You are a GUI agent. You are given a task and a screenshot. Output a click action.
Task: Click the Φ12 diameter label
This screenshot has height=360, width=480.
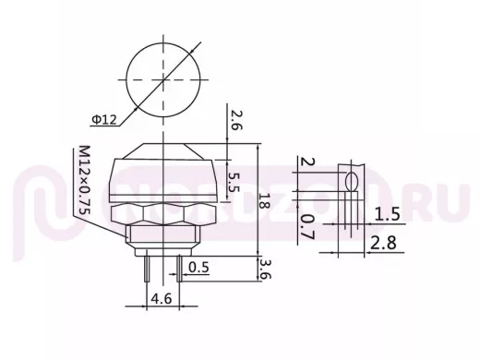click(105, 119)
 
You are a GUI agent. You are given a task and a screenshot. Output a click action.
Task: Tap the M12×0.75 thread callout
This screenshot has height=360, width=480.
click(84, 180)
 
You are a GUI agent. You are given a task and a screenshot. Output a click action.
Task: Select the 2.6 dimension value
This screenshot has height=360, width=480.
click(236, 120)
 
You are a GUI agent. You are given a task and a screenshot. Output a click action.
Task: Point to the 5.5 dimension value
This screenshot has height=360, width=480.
click(234, 182)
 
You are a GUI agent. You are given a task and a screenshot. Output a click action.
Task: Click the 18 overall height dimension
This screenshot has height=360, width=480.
click(264, 201)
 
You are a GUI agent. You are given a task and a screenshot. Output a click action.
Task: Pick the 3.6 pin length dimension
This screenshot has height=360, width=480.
click(265, 269)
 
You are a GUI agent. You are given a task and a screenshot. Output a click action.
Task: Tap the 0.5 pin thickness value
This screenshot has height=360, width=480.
click(198, 267)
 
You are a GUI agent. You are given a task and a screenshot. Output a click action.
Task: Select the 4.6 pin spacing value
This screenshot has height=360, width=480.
click(162, 298)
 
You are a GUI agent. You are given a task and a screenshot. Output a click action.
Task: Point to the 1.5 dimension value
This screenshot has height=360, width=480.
click(387, 214)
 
